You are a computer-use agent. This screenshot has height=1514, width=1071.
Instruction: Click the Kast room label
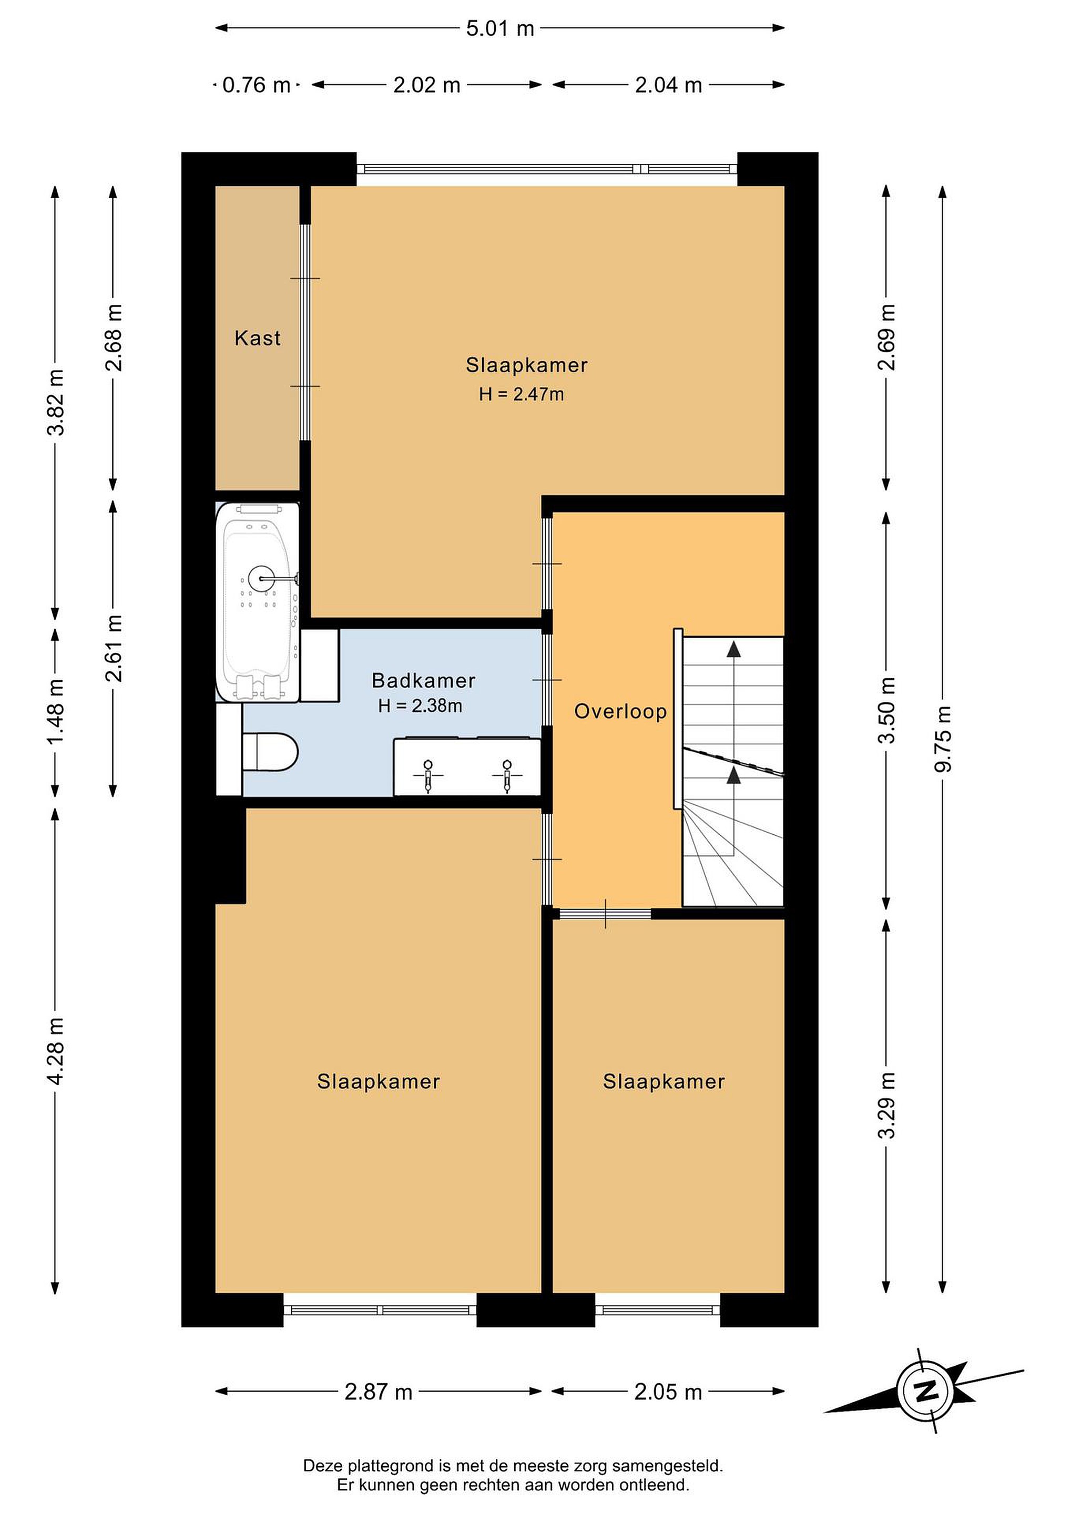click(x=257, y=338)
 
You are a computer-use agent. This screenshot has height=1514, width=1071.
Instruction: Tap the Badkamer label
click(x=423, y=680)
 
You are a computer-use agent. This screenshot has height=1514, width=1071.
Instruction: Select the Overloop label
click(x=620, y=711)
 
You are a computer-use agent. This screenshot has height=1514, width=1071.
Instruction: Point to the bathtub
click(x=258, y=601)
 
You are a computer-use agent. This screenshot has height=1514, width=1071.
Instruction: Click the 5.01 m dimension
click(x=500, y=29)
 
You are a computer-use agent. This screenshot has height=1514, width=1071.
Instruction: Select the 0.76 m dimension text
click(x=257, y=85)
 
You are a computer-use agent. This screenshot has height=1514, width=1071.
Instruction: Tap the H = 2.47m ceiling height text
click(x=521, y=394)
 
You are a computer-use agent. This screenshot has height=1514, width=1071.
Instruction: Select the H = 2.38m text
click(x=420, y=706)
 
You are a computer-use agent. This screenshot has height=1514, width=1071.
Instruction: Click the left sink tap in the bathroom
click(x=428, y=775)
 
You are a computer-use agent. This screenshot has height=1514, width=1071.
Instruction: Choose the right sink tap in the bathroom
click(x=506, y=775)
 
